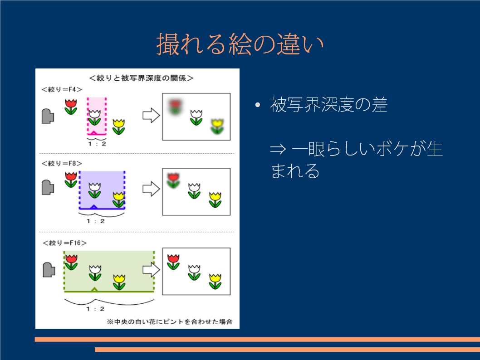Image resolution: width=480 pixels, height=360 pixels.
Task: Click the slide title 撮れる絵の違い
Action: [240, 44]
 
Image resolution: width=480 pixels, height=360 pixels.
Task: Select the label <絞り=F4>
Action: [62, 89]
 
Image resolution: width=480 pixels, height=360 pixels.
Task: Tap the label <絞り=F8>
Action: [62, 163]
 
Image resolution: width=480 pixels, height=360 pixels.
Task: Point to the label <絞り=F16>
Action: [64, 243]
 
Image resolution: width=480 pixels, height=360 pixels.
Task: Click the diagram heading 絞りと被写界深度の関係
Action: [141, 78]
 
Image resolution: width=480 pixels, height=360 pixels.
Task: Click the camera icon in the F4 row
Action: [48, 116]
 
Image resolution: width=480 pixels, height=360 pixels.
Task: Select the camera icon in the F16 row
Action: [49, 269]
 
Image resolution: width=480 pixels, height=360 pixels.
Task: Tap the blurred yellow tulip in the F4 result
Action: [217, 126]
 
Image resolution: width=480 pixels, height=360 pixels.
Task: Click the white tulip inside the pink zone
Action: [94, 117]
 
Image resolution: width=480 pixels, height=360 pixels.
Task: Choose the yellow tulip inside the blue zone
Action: [118, 199]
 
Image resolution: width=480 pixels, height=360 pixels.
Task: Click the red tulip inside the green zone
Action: [71, 262]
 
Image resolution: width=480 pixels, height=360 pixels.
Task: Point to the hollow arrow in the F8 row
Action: [151, 189]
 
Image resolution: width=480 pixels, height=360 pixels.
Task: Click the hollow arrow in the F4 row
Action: [151, 116]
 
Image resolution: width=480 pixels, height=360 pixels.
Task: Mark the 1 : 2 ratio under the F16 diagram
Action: [96, 309]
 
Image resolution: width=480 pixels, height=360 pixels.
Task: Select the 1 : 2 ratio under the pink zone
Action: [97, 144]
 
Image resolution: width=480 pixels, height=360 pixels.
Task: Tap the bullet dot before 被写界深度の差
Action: [257, 105]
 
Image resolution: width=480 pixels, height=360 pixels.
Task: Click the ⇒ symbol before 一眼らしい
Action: [278, 149]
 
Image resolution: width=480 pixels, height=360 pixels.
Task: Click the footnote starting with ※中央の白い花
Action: [170, 322]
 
